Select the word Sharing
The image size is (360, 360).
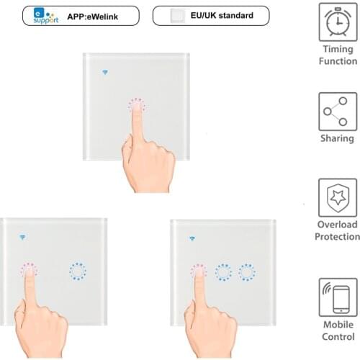point(337,138)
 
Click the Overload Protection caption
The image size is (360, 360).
point(337,230)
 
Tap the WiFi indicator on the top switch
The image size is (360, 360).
point(107,73)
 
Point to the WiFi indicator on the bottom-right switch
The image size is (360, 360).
point(192,238)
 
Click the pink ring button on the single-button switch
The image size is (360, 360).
point(136,107)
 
